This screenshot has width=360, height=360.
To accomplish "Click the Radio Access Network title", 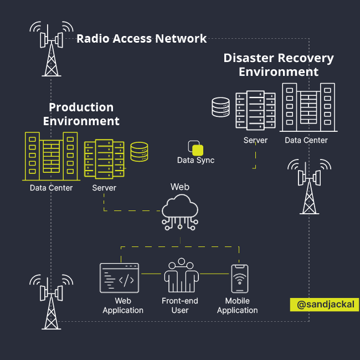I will [x=141, y=39].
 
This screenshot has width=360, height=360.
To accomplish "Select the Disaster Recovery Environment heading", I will [x=279, y=65].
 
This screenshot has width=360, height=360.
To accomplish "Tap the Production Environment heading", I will [x=81, y=114].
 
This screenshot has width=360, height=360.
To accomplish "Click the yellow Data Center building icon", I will [x=50, y=156].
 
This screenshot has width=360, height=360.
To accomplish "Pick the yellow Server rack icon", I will [x=104, y=159].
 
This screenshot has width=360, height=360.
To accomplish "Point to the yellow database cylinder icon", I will [x=139, y=152].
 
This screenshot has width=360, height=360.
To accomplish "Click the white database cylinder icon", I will [x=220, y=107].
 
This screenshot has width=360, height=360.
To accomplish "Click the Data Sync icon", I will [x=196, y=148].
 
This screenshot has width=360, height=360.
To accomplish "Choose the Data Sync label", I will [x=196, y=161].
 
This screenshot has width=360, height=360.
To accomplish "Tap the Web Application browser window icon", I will [x=120, y=278].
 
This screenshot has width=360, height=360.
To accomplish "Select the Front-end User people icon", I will [x=180, y=276].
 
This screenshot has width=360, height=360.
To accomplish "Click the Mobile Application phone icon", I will [x=239, y=278].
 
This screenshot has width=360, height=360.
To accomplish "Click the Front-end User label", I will [x=180, y=306].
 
